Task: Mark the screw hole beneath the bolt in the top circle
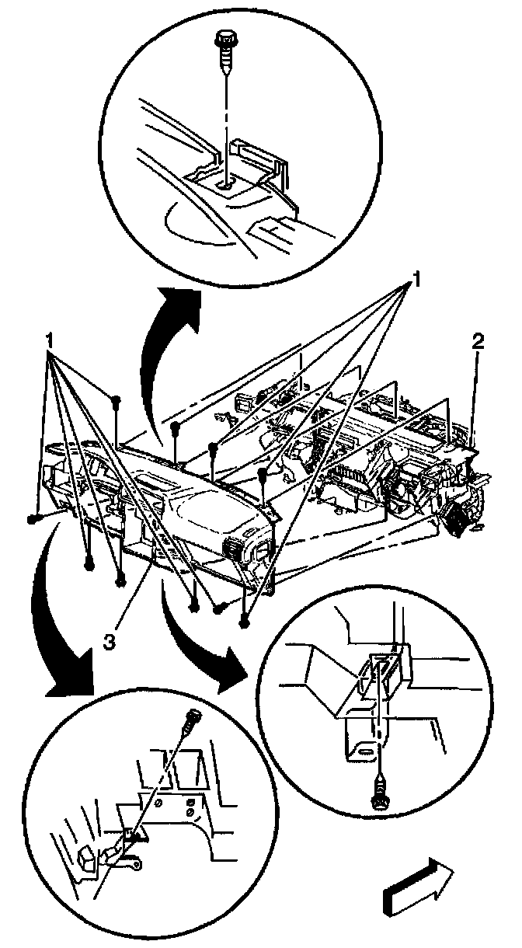(x=224, y=184)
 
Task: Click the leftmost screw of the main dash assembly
(x=33, y=517)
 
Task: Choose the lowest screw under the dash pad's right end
(x=245, y=620)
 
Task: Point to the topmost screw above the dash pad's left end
(x=115, y=400)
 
